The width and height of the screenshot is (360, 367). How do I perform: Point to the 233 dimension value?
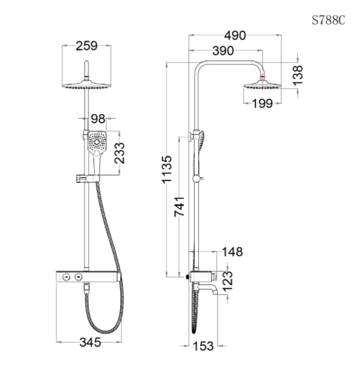(120, 154)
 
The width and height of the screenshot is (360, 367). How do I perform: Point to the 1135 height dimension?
(167, 170)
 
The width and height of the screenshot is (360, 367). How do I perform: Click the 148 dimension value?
(234, 252)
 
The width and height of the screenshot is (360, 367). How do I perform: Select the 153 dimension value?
(203, 346)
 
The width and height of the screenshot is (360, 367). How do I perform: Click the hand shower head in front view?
(97, 146)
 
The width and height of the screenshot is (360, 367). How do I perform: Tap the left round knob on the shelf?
(66, 277)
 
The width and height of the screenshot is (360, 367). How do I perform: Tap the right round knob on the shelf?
(79, 277)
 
